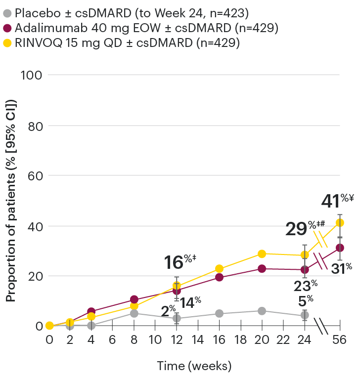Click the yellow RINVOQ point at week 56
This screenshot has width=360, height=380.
tap(340, 222)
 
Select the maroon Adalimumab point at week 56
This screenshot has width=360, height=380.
tap(340, 248)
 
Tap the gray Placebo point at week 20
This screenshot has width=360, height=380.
tap(262, 311)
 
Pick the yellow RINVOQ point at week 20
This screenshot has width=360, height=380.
tap(262, 253)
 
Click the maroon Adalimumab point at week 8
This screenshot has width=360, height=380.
tap(134, 299)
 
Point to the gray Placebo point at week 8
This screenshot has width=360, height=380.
tap(134, 313)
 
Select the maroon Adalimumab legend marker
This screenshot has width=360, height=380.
tap(7, 27)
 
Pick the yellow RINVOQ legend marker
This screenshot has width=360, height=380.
tap(7, 43)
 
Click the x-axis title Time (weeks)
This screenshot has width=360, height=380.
tap(194, 366)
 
